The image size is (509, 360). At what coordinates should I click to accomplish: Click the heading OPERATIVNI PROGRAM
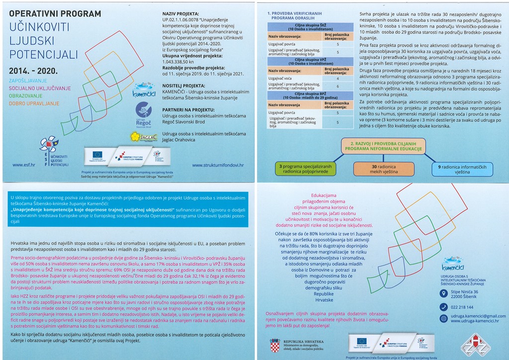point(54,13)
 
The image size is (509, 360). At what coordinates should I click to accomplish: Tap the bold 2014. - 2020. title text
point(33,71)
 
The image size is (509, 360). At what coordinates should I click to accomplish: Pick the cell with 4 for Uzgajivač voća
point(338,78)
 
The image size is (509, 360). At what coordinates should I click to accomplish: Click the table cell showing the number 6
point(338,87)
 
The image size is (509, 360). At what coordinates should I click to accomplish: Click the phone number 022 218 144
point(462,307)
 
